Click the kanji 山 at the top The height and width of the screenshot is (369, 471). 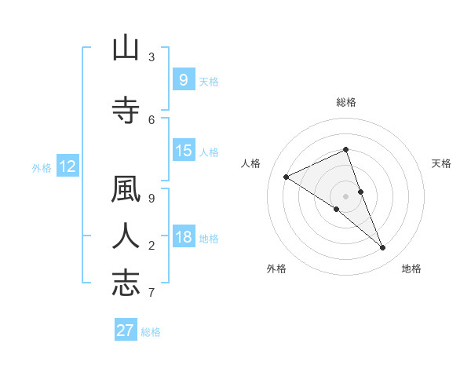coord(126,49)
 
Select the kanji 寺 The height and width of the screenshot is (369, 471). coord(126,111)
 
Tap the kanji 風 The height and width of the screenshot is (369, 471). coord(126,191)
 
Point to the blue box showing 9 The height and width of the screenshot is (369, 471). coord(183,79)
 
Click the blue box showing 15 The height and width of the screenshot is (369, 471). coord(183,151)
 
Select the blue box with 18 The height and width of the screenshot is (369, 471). coord(183,237)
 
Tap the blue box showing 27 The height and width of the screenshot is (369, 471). coord(126,330)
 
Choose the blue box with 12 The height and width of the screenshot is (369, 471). coord(67,166)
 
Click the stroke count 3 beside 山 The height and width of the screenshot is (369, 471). coord(152,57)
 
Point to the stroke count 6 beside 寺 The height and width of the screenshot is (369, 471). coord(152,119)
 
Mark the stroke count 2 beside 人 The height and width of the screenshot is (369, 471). coord(152,246)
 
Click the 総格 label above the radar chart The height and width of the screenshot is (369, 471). coord(346,102)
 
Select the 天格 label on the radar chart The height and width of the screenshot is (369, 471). coord(441,163)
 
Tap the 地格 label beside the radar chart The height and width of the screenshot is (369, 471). coord(411,269)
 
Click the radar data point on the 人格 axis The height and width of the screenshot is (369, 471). coord(286,177)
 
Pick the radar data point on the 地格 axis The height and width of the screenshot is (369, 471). coord(383,247)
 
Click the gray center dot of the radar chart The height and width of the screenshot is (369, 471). coord(346,196)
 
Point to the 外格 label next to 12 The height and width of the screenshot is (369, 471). coord(42,167)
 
